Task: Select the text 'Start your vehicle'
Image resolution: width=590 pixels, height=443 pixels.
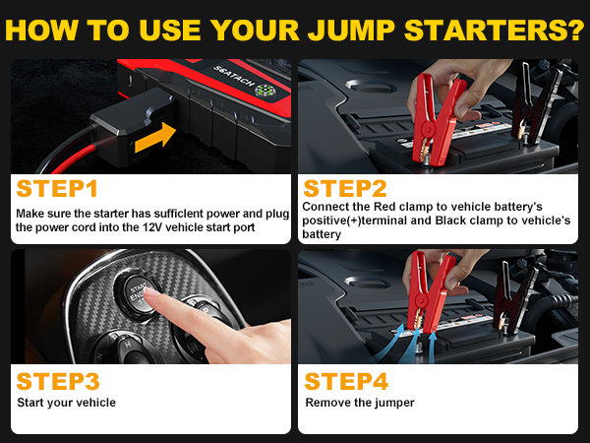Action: (x=67, y=403)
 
